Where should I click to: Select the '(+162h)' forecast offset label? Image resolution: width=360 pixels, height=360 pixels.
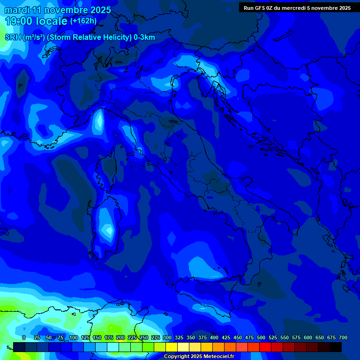click(83, 21)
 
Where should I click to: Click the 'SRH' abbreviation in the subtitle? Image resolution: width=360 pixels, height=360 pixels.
click(13, 37)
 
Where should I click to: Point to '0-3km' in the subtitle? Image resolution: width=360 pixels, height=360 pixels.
click(144, 37)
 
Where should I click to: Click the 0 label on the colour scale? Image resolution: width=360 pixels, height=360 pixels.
click(24, 337)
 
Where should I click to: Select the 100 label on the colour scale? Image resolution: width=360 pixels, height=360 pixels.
click(74, 337)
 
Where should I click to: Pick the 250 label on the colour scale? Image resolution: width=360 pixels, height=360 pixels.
click(144, 337)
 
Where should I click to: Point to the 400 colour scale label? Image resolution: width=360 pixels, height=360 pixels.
click(214, 337)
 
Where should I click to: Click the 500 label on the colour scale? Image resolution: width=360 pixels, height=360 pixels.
click(261, 337)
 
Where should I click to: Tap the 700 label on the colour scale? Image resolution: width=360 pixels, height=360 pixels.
click(343, 337)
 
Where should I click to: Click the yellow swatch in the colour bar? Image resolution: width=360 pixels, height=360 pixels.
click(172, 347)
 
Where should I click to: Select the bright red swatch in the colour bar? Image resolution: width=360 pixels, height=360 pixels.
click(265, 347)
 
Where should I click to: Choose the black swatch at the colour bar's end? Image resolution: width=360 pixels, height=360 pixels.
click(336, 347)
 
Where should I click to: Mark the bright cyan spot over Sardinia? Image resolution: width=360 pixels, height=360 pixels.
click(109, 230)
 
